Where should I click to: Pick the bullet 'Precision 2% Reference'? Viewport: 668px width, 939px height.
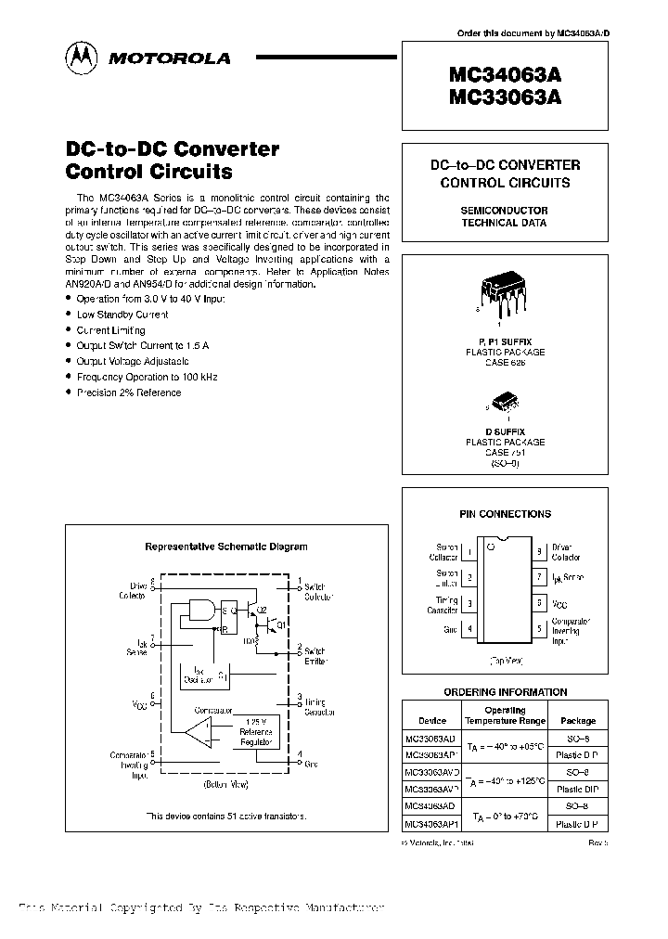pos(129,392)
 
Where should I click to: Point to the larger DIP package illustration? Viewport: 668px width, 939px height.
pos(502,296)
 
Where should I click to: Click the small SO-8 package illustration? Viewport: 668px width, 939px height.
pos(505,402)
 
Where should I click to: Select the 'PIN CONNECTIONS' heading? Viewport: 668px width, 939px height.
pos(505,514)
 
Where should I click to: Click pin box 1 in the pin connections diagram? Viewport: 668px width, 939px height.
pos(469,552)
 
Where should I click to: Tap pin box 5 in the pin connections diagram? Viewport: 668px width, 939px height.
pos(539,628)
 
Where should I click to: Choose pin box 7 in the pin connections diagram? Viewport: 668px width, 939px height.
pos(539,577)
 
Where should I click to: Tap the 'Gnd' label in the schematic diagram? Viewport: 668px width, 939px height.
pos(311,764)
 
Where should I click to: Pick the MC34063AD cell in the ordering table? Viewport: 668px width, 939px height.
pos(430,807)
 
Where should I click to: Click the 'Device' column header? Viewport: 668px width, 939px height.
pos(431,720)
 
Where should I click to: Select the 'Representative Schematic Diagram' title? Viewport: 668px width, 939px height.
pos(226,547)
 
